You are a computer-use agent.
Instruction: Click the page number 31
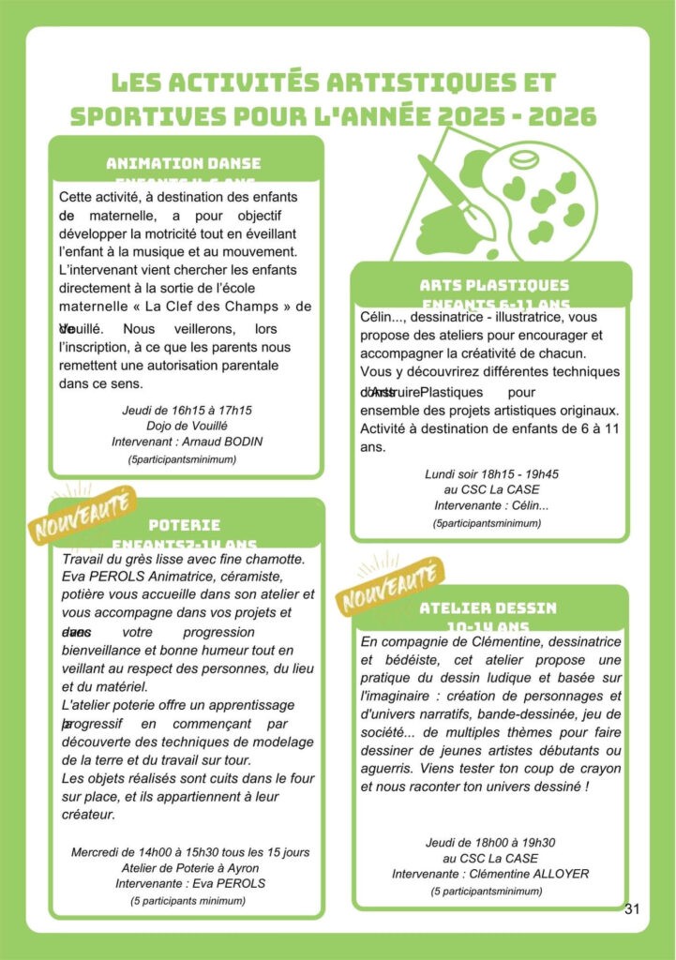tap(631, 908)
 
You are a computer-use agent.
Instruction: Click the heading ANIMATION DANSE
tap(184, 163)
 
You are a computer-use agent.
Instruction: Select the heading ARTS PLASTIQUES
tap(494, 285)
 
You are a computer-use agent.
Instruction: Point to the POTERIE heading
tap(185, 525)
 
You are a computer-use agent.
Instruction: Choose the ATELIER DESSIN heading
tap(488, 607)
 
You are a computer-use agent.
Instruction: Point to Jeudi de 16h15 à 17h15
tap(187, 411)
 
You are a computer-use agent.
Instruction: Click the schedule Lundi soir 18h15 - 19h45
tap(491, 474)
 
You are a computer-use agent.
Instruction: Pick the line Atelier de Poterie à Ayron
tap(190, 868)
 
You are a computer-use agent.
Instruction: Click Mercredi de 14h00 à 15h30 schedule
tap(190, 852)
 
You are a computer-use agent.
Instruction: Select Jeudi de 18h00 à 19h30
tap(490, 842)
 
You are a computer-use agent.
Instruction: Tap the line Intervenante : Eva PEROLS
tap(190, 883)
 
